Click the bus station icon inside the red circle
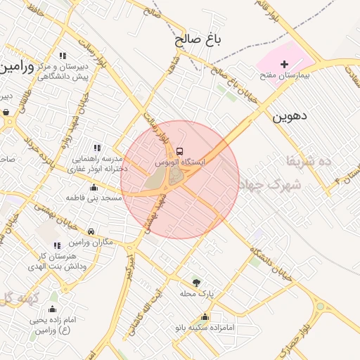pyautogui.click(x=179, y=151)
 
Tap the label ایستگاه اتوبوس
pyautogui.click(x=179, y=162)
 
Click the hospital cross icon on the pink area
pyautogui.click(x=285, y=64)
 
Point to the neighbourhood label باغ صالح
pyautogui.click(x=198, y=41)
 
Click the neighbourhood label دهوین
pyautogui.click(x=290, y=115)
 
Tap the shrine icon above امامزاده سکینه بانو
pyautogui.click(x=205, y=317)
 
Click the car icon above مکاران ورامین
pyautogui.click(x=91, y=231)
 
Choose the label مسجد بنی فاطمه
pyautogui.click(x=94, y=198)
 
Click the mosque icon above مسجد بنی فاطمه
pyautogui.click(x=94, y=187)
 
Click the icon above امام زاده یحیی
pyautogui.click(x=51, y=309)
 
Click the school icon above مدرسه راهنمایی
pyautogui.click(x=97, y=148)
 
